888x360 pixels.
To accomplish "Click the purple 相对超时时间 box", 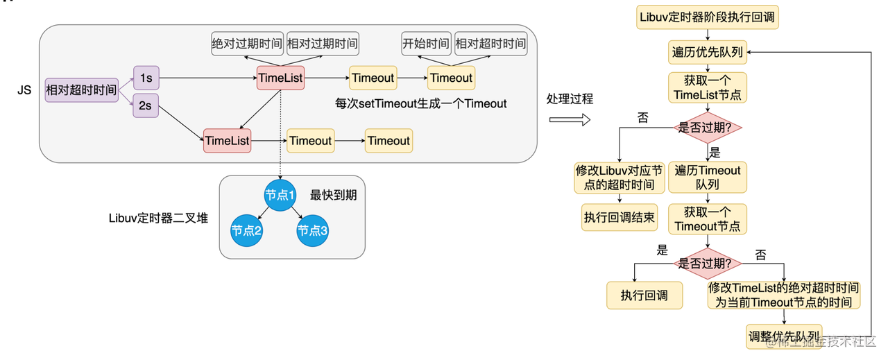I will click(x=81, y=89).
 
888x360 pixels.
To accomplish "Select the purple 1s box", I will click(x=146, y=78).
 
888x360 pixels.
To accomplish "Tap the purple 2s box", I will click(x=146, y=106).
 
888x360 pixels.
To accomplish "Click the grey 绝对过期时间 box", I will click(x=247, y=44).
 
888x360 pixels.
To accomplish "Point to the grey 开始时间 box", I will click(x=425, y=44).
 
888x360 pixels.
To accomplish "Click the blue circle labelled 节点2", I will click(x=246, y=230).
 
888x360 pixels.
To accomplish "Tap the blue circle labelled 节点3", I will click(x=313, y=230).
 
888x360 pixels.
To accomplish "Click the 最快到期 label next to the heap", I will click(x=333, y=196).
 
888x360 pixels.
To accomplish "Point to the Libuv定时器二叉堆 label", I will click(x=159, y=218).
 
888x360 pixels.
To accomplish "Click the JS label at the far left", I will click(x=24, y=90).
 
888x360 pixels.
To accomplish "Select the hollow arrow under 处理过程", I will click(x=569, y=120).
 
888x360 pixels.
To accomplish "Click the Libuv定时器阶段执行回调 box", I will click(x=708, y=17).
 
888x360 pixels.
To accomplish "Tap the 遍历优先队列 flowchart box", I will click(x=708, y=53).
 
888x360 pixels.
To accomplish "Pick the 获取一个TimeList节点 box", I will click(x=708, y=88).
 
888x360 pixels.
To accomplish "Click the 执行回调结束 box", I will click(x=619, y=217).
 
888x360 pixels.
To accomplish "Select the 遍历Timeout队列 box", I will click(x=708, y=178).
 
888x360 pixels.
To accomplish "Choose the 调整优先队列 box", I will click(x=784, y=336).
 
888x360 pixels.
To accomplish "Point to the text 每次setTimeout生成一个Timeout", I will click(x=421, y=103).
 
